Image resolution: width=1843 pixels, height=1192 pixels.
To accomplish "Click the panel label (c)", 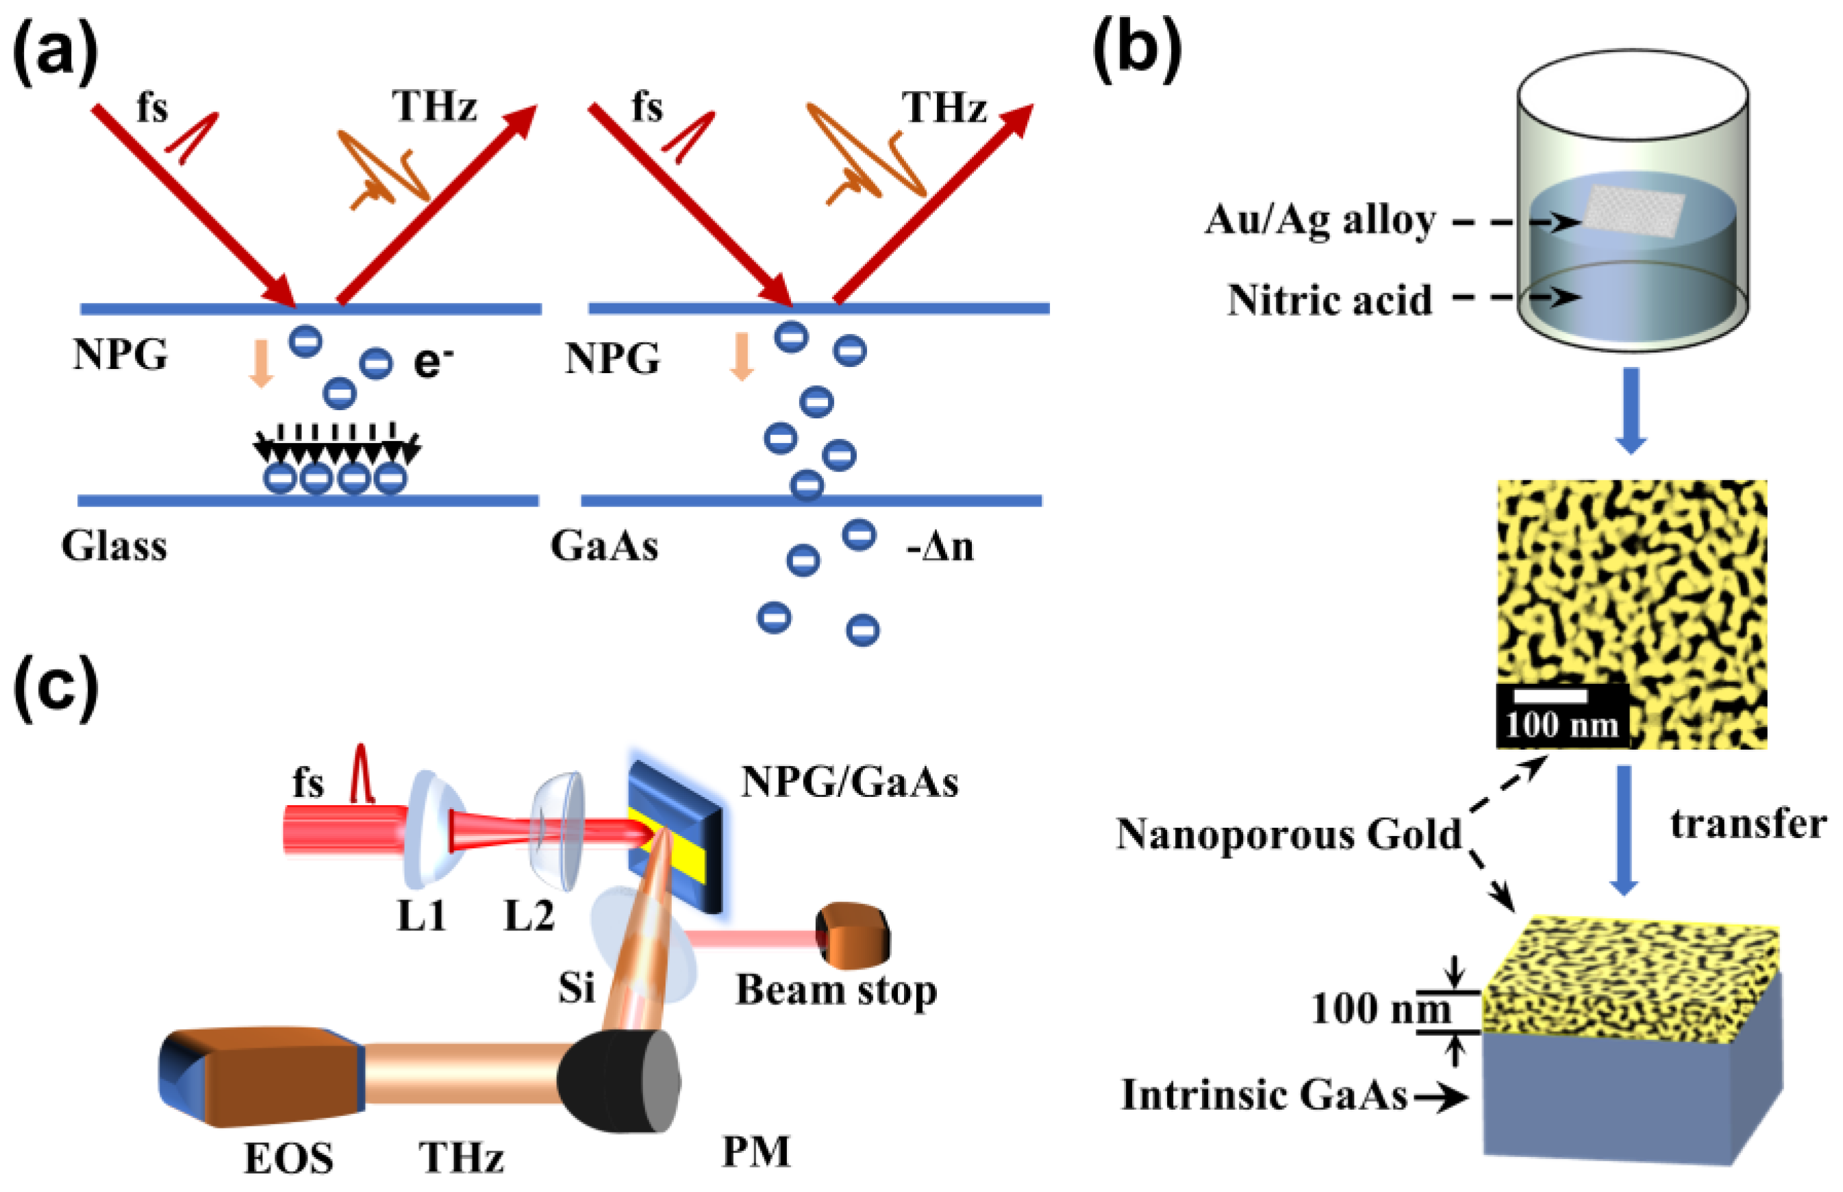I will click(x=55, y=687).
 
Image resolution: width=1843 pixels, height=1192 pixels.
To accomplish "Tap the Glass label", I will click(x=114, y=546).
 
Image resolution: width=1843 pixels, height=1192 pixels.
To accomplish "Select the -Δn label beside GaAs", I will click(x=940, y=547).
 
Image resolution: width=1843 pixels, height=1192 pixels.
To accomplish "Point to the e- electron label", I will click(x=432, y=362).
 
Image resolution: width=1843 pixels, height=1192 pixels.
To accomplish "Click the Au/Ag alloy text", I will click(x=1320, y=220).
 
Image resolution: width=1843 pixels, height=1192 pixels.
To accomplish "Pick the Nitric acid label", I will click(x=1329, y=301).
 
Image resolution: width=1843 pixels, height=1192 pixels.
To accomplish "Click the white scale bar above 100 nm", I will click(x=1550, y=696).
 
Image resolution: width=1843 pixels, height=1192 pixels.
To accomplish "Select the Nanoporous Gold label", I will click(x=1288, y=835).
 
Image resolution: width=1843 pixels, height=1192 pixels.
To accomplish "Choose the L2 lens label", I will click(x=529, y=917).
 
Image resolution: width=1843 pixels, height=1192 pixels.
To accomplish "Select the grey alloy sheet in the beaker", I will click(x=1633, y=211).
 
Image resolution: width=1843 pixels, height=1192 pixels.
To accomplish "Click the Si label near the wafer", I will click(x=576, y=988).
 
